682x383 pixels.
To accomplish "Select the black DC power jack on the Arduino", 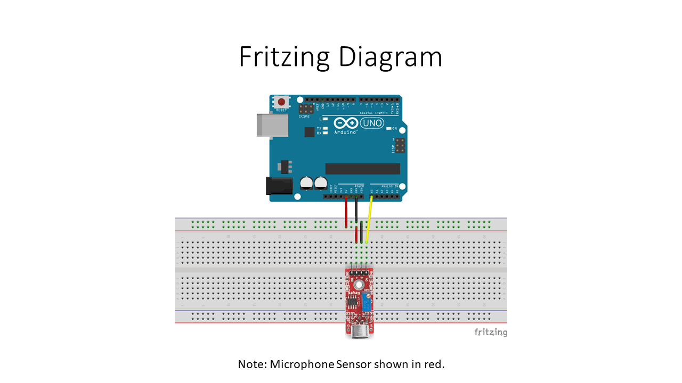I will click(279, 185).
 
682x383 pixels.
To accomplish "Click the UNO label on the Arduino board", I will click(372, 123).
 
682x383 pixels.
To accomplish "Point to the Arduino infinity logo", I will click(346, 123).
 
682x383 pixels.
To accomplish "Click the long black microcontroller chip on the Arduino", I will click(362, 169).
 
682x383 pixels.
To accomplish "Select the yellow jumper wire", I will click(369, 218).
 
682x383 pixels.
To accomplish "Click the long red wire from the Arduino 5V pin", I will click(346, 212).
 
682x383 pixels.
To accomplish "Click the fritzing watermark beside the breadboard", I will click(491, 332).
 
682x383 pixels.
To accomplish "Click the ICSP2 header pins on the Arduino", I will click(306, 108).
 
